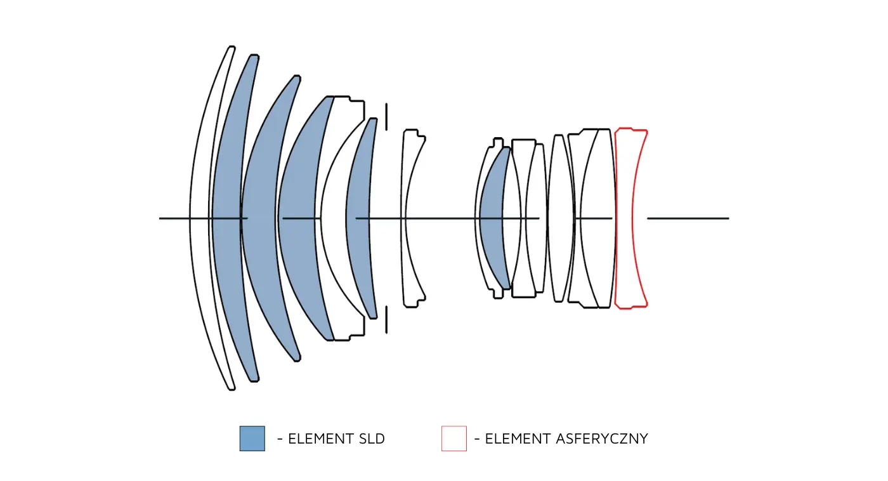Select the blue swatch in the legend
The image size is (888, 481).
pyautogui.click(x=252, y=438)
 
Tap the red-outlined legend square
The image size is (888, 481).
pyautogui.click(x=454, y=438)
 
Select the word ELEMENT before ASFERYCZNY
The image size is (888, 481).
pyautogui.click(x=516, y=439)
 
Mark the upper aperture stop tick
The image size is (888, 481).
pyautogui.click(x=386, y=117)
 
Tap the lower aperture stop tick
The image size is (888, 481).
pyautogui.click(x=386, y=319)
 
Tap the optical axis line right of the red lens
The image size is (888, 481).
pyautogui.click(x=688, y=218)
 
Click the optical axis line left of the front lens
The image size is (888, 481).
pyautogui.click(x=174, y=218)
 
